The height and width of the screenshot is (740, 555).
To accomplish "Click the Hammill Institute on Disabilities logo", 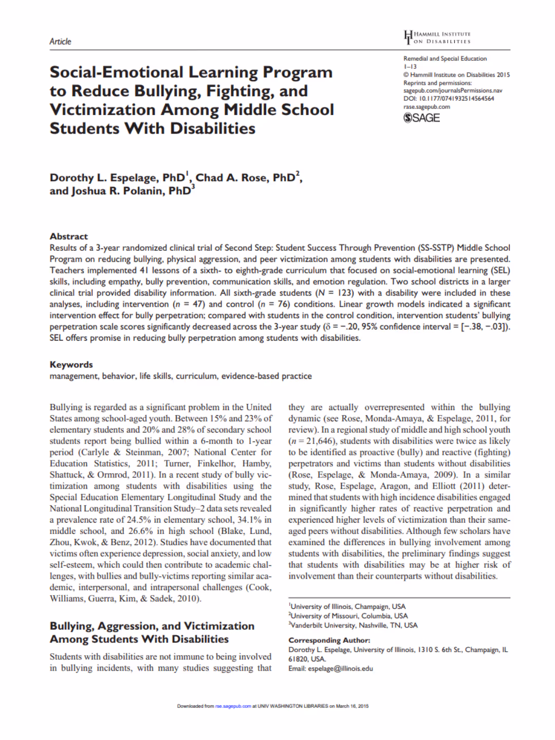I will click(x=437, y=38).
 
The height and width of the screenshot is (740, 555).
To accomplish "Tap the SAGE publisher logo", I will click(x=421, y=118).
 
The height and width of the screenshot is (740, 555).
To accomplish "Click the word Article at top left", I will click(x=60, y=42).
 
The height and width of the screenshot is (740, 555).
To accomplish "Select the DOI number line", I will click(x=449, y=99).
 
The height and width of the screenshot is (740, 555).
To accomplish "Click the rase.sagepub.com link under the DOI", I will click(x=427, y=107).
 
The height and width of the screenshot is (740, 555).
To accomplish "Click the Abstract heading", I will click(x=69, y=236).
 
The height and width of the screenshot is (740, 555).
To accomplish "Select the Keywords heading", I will click(x=71, y=364).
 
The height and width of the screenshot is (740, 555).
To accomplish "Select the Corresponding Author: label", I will click(x=329, y=640).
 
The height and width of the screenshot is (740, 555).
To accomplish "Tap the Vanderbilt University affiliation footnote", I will click(x=354, y=625).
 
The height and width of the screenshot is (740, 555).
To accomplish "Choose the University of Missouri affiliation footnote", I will click(x=349, y=616).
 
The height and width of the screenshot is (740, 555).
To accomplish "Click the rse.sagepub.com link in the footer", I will click(x=233, y=706).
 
